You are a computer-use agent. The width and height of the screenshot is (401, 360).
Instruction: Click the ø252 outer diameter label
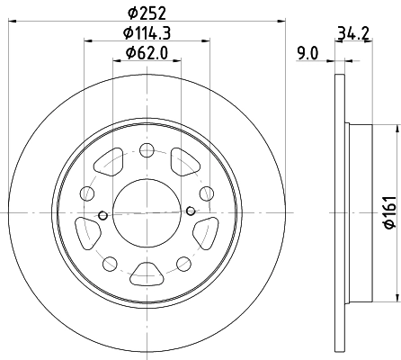(146, 13)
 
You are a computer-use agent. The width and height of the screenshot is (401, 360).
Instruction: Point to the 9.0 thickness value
(308, 54)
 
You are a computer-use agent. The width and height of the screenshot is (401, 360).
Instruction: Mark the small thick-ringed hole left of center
(102, 215)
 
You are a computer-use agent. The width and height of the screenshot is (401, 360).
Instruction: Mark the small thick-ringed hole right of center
(191, 211)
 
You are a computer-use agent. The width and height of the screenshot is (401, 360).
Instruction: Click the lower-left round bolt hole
(110, 262)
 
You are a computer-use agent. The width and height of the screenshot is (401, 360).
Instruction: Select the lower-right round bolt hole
(183, 262)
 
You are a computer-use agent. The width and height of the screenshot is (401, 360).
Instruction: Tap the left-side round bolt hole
(86, 193)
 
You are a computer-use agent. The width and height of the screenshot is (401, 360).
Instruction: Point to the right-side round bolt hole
(207, 193)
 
